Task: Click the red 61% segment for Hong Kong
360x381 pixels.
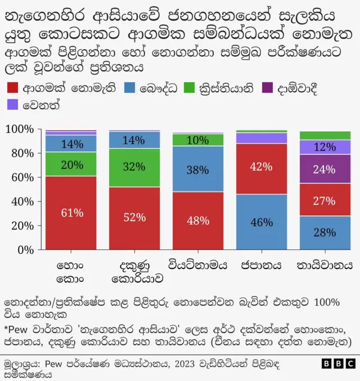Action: [x=71, y=213]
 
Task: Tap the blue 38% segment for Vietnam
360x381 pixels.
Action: [x=198, y=169]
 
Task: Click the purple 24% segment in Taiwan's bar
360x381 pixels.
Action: [x=325, y=169]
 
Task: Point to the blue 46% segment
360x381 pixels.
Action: [x=262, y=222]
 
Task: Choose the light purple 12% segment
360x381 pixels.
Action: [x=325, y=147]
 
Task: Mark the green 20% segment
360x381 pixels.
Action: [x=71, y=164]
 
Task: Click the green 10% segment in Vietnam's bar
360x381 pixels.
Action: [x=198, y=140]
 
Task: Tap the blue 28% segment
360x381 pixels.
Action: [x=325, y=232]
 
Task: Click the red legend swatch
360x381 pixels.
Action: [x=12, y=88]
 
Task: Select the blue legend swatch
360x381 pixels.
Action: [x=130, y=88]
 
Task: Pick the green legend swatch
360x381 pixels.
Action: [x=190, y=88]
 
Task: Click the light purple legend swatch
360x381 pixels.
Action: [x=12, y=105]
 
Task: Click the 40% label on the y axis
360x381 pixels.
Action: [x=24, y=201]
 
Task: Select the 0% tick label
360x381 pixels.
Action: [x=27, y=249]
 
